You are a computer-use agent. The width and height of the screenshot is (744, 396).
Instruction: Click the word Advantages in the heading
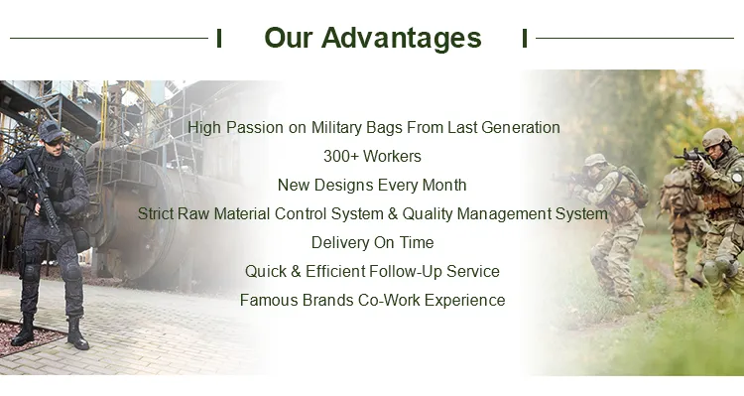coord(402,39)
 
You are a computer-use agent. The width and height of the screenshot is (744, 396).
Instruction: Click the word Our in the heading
coord(290,39)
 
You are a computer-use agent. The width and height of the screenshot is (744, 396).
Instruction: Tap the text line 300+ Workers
coord(372,156)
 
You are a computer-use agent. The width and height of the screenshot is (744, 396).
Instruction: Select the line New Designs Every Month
coord(372,185)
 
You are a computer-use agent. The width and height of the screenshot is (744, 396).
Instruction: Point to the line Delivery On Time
coord(372,242)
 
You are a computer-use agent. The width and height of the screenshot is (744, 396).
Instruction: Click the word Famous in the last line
coord(267,300)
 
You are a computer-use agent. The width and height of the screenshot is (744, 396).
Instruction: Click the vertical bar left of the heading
coord(218,39)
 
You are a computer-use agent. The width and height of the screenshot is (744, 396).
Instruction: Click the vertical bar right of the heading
coord(525,39)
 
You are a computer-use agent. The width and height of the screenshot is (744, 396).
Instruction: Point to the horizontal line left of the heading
coord(109,39)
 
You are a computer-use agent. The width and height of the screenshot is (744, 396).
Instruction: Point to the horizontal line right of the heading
coord(635,39)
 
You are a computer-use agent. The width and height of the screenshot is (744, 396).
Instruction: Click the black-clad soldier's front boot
coord(76,335)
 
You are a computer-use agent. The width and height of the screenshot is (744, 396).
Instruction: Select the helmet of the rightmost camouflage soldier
coord(716,137)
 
